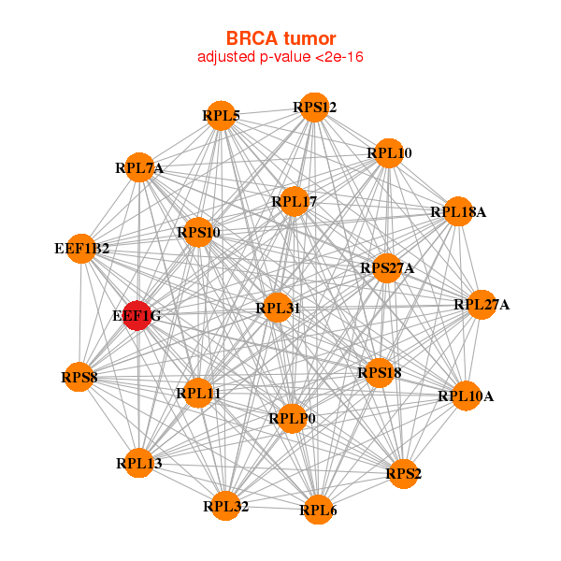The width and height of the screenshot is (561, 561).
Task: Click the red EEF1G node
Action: click(x=137, y=316)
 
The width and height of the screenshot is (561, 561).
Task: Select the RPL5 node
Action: click(x=222, y=116)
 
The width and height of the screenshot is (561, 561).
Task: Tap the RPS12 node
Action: click(x=314, y=108)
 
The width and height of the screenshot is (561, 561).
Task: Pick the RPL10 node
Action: click(x=389, y=153)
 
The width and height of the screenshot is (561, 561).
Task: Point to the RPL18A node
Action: click(x=458, y=211)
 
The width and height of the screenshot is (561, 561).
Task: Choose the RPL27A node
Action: click(x=482, y=305)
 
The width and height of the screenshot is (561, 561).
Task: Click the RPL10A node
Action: click(x=466, y=396)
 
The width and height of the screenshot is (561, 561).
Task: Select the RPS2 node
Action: click(x=403, y=474)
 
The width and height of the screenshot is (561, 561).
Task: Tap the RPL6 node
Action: click(x=318, y=510)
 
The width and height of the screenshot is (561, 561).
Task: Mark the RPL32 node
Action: click(x=225, y=506)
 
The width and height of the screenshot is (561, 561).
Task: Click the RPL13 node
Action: click(x=138, y=463)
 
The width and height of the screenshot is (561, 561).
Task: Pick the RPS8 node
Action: click(x=79, y=377)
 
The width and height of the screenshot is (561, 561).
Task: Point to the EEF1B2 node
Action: click(x=82, y=249)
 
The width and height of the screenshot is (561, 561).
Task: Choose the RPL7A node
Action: click(x=139, y=167)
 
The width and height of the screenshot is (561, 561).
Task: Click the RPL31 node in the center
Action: click(x=278, y=308)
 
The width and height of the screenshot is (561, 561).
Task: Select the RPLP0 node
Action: click(x=292, y=418)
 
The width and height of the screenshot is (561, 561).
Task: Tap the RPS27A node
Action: click(x=387, y=268)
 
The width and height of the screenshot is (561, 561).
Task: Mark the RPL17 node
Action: click(x=295, y=201)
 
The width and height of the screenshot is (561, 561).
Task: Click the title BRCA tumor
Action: click(x=280, y=38)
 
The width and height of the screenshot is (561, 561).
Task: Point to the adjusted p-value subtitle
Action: click(x=280, y=57)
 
